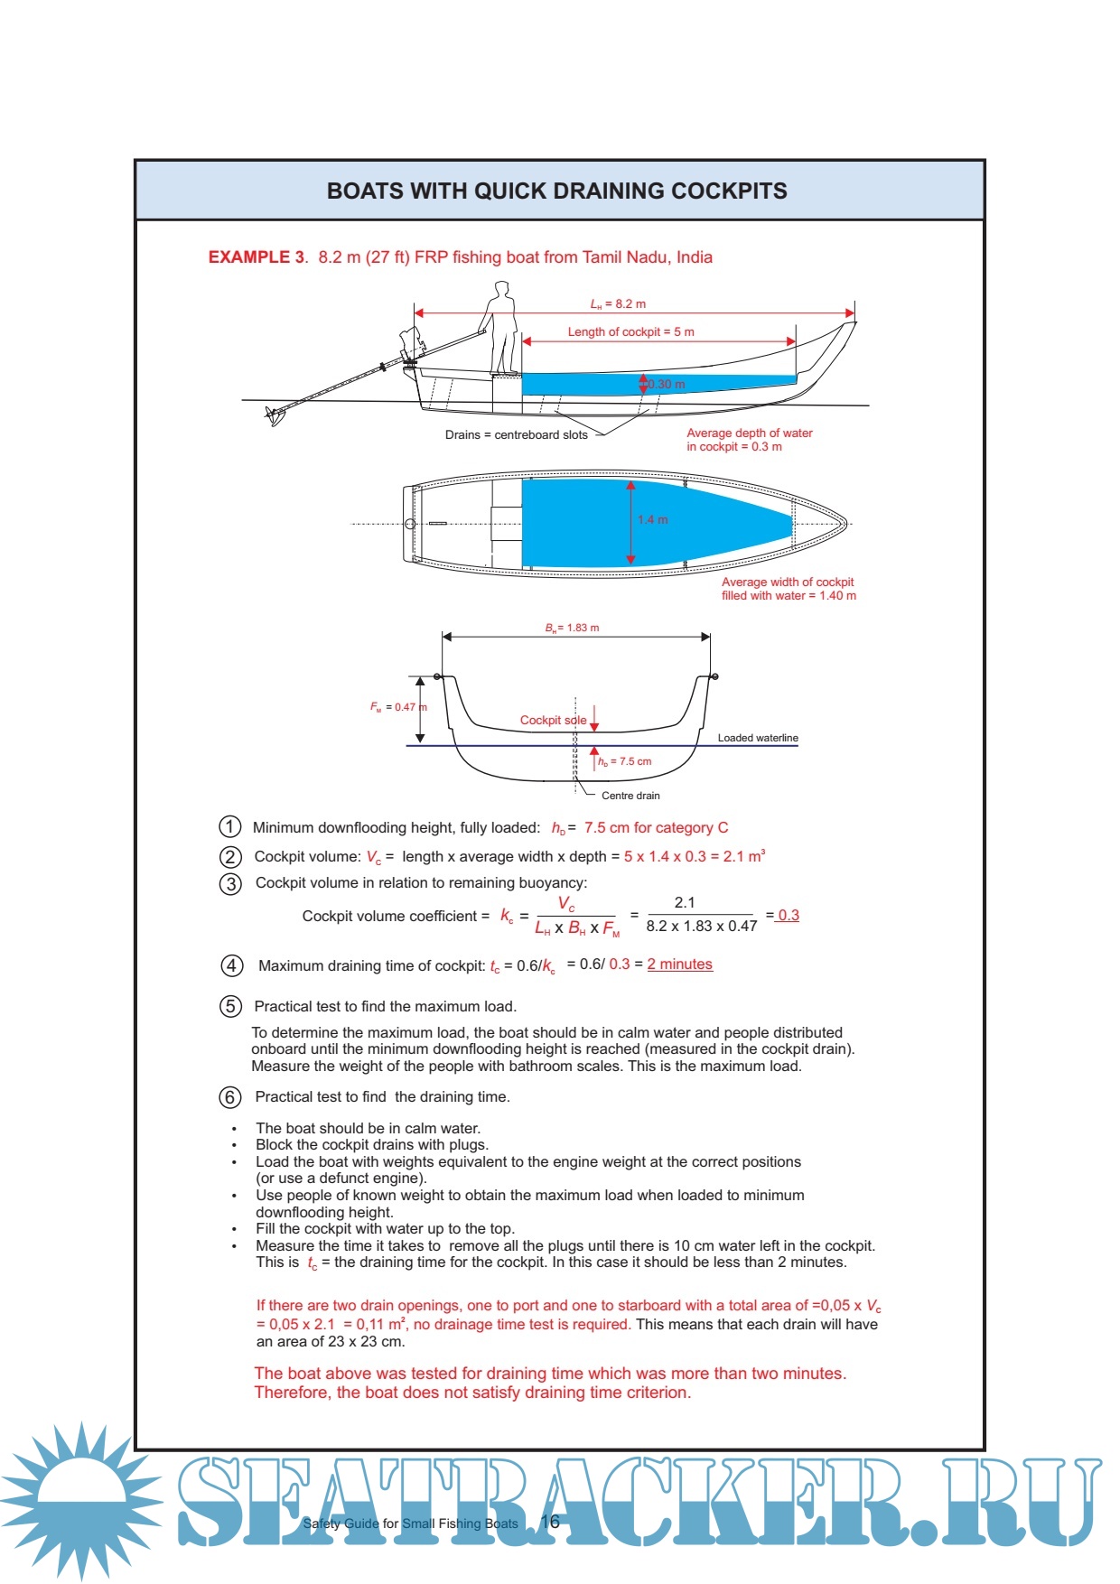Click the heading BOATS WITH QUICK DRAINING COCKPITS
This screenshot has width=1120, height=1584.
pos(556,191)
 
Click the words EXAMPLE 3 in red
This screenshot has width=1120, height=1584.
pos(257,257)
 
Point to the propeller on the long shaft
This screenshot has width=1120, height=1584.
pos(275,415)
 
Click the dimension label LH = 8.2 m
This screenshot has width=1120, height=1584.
pos(618,304)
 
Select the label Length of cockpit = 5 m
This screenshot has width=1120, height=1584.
pos(630,332)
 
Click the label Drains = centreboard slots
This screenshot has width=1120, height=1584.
pos(516,435)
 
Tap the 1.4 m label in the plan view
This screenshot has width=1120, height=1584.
pos(652,520)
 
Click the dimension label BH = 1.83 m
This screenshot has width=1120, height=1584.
pos(572,628)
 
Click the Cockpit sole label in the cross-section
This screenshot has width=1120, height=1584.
pos(553,721)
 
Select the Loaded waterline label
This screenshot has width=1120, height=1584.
pos(758,738)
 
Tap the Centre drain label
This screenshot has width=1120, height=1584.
pos(630,796)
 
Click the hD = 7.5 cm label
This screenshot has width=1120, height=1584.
pos(624,761)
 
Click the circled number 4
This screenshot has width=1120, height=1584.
pos(231,965)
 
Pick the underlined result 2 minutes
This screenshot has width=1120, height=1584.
pos(679,964)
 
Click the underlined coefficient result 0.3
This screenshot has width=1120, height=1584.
pos(788,915)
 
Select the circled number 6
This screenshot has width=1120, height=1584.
pos(230,1097)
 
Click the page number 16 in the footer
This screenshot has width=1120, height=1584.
pos(550,1522)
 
